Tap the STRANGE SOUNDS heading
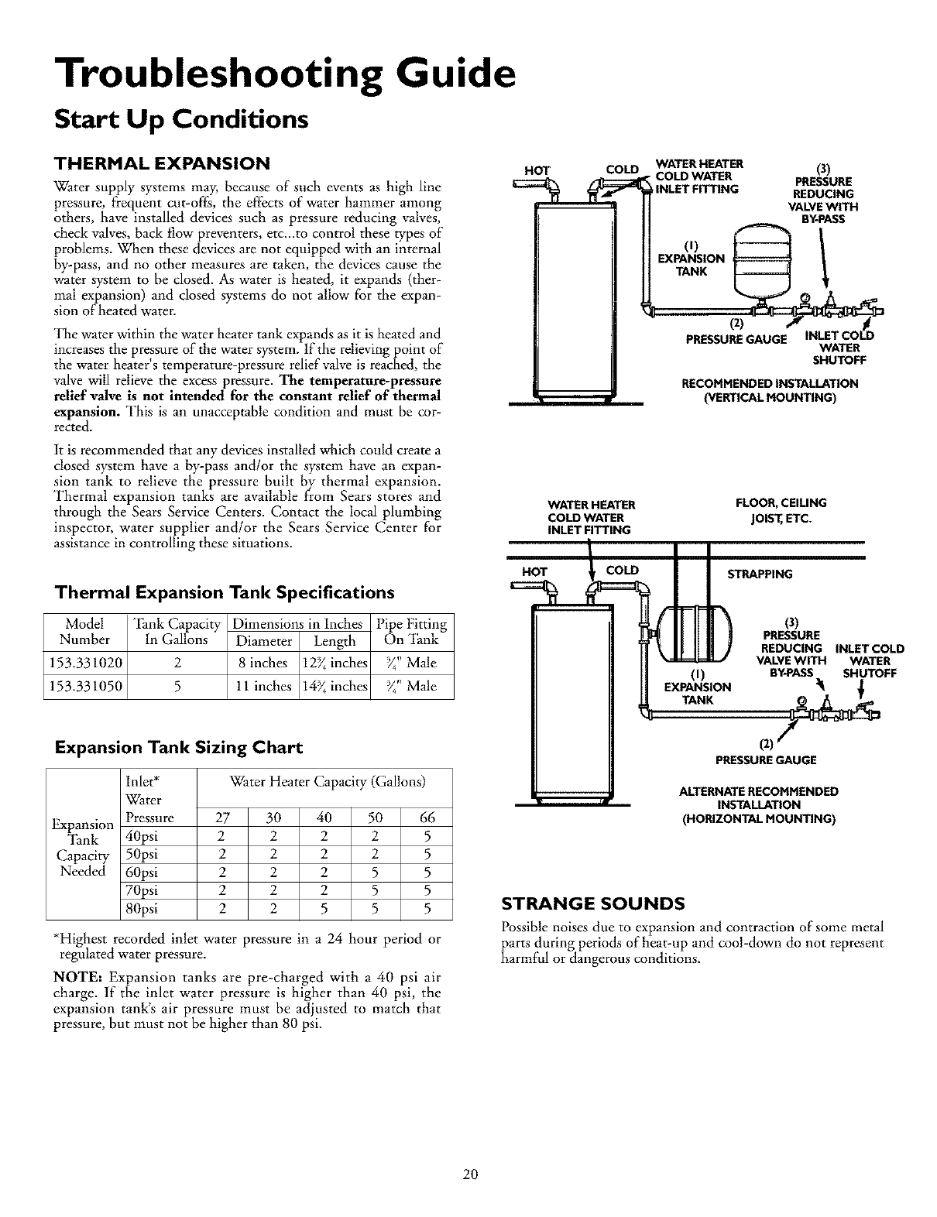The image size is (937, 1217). point(592,903)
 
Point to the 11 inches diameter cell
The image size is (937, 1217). point(263,686)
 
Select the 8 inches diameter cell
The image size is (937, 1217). point(263,663)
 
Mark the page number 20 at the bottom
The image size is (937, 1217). point(468,1174)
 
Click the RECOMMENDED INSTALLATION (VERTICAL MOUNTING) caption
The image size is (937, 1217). point(769,390)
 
